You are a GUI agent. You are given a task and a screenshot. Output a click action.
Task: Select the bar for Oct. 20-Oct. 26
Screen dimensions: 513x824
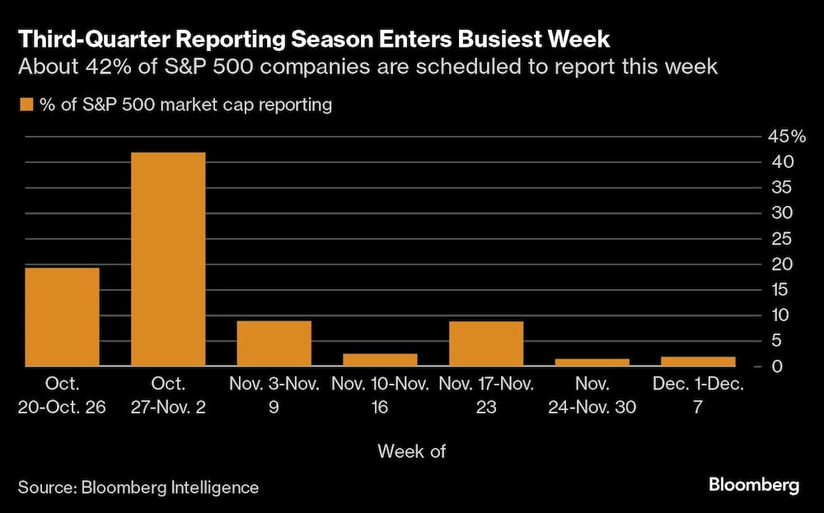click(x=63, y=317)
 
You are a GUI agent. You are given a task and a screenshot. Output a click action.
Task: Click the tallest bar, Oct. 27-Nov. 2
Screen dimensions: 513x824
click(x=168, y=259)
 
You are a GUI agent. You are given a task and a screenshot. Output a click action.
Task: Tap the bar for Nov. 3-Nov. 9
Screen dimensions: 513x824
click(x=274, y=343)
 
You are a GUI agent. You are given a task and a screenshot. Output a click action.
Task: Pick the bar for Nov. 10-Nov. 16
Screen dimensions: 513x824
click(x=380, y=360)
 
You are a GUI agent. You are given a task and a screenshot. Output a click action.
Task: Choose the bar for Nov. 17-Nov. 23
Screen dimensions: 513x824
click(x=486, y=343)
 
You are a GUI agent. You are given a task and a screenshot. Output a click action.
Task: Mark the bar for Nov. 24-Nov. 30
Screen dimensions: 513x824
click(x=592, y=362)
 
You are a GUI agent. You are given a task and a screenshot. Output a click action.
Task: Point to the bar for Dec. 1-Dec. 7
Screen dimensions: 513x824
click(x=698, y=361)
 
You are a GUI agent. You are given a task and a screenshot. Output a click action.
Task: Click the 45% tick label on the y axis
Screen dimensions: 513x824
click(x=787, y=137)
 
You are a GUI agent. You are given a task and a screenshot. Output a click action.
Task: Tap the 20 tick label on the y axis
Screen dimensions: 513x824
click(x=782, y=264)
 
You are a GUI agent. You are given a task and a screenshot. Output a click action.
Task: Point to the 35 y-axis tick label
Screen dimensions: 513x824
click(x=782, y=188)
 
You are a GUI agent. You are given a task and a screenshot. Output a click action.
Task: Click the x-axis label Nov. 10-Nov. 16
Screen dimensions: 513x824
click(x=380, y=395)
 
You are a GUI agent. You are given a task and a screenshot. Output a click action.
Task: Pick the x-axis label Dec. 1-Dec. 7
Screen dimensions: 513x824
click(x=698, y=395)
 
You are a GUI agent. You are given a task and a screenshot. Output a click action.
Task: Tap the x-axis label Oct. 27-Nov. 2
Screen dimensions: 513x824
click(x=168, y=395)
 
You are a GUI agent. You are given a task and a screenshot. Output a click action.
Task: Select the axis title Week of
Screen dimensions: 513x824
click(x=411, y=450)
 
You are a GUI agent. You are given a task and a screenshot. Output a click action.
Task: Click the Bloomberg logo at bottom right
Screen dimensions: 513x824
click(x=753, y=486)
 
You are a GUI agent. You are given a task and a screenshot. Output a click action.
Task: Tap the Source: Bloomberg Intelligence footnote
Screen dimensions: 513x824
click(x=138, y=487)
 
